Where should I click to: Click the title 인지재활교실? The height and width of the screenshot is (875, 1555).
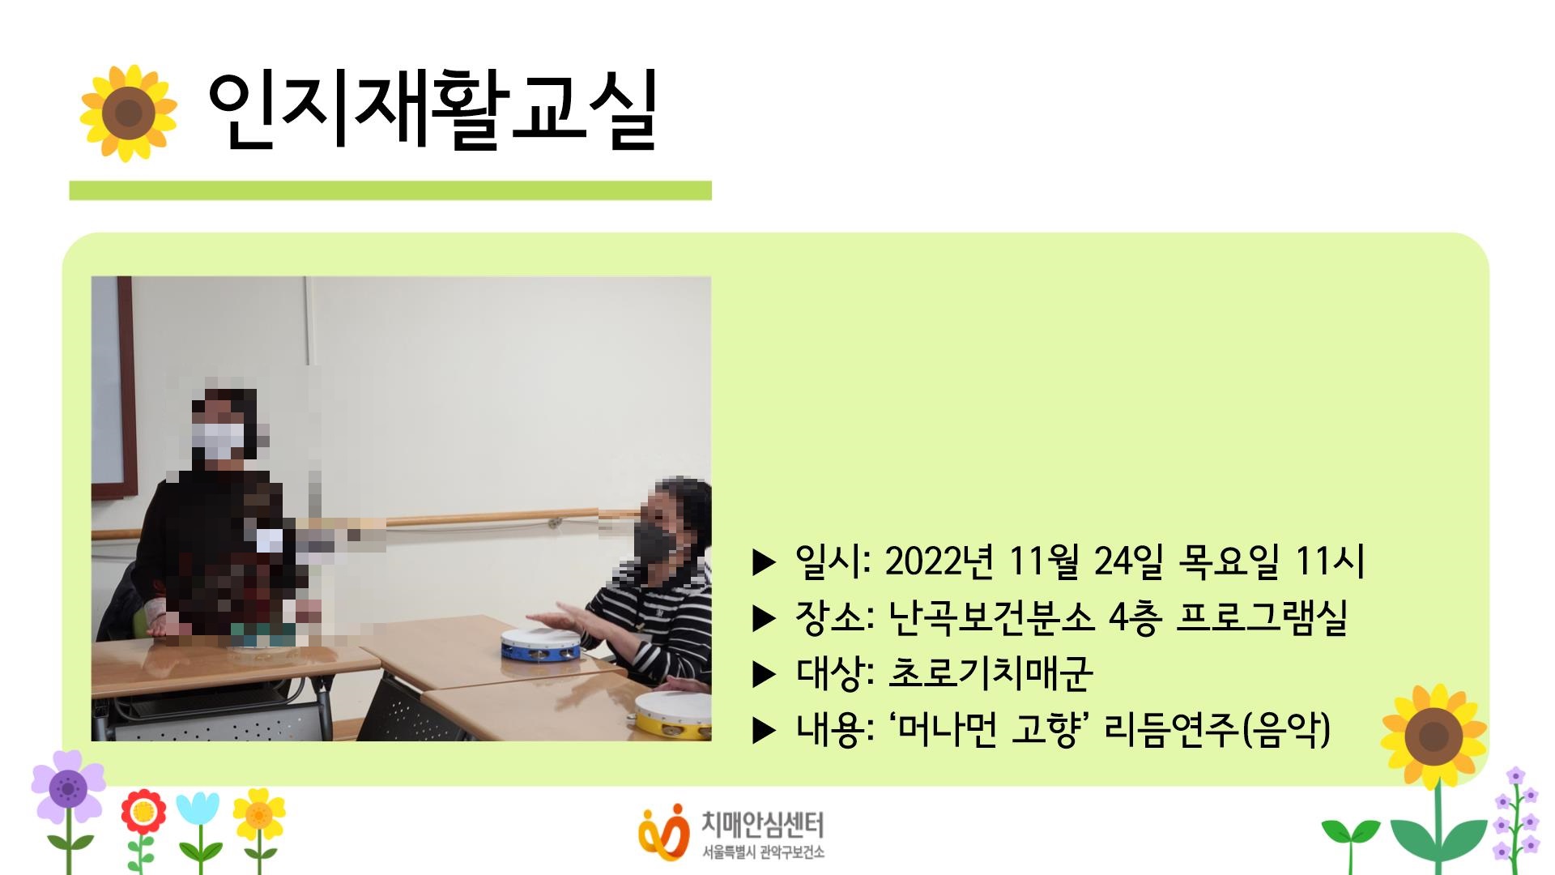pyautogui.click(x=431, y=112)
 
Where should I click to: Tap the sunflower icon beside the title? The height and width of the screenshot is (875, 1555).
pyautogui.click(x=128, y=113)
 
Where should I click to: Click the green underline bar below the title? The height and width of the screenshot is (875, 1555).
pyautogui.click(x=390, y=190)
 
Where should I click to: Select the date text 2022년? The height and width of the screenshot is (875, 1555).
pyautogui.click(x=939, y=561)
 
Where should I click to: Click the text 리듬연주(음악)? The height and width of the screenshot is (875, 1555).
pyautogui.click(x=1217, y=729)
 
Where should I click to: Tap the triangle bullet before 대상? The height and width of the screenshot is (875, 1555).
pyautogui.click(x=764, y=674)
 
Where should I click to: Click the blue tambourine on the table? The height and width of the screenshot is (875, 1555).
pyautogui.click(x=539, y=643)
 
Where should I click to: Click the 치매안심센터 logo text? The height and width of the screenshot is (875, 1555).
pyautogui.click(x=761, y=826)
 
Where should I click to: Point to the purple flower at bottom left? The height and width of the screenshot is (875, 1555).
pyautogui.click(x=68, y=787)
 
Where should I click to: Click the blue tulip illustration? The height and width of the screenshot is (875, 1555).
pyautogui.click(x=198, y=810)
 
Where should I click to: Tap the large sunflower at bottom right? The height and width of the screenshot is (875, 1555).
pyautogui.click(x=1434, y=737)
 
